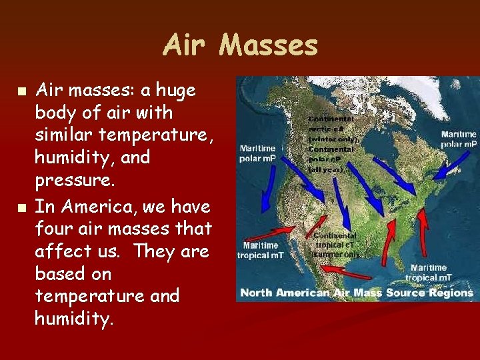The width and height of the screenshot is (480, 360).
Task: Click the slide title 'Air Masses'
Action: [240, 45]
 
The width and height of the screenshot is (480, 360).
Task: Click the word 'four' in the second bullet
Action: [53, 229]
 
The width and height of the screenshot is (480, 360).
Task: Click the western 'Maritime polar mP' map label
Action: [257, 153]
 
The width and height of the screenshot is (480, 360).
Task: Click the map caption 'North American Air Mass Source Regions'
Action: [356, 293]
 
